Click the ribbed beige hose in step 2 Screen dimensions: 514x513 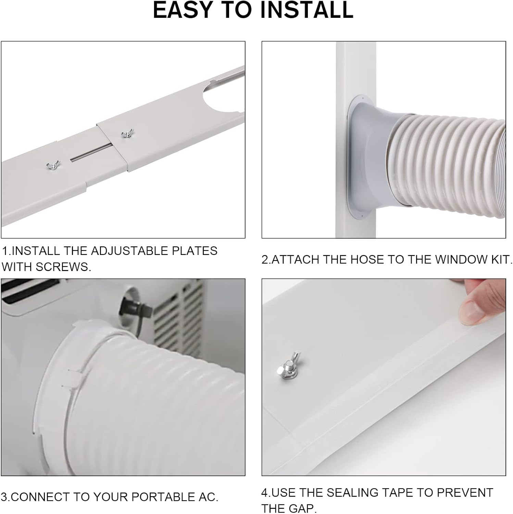point(452,168)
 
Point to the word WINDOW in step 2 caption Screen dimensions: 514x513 point(460,259)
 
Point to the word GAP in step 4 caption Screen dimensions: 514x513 point(302,508)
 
